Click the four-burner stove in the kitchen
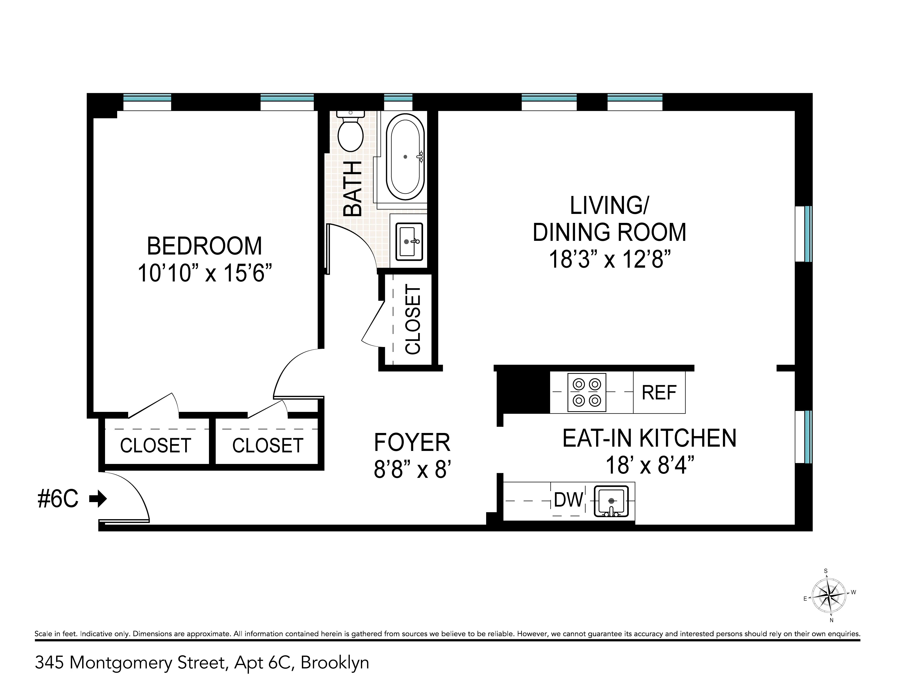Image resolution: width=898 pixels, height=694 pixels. point(586,392)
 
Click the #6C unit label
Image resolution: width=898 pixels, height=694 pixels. point(58,500)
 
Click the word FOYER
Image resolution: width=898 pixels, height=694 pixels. point(412,442)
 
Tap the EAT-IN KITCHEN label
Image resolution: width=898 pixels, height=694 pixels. point(649,438)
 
